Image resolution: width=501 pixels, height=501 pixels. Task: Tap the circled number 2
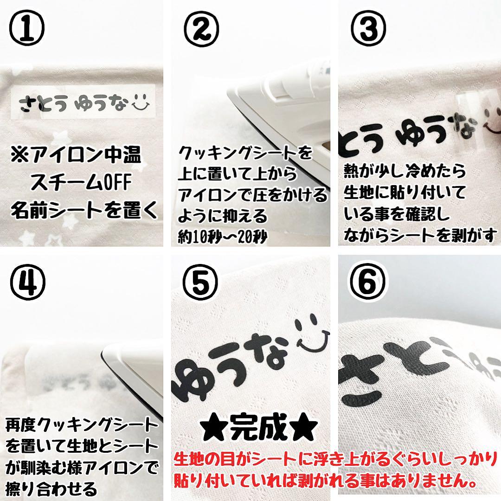[201, 27]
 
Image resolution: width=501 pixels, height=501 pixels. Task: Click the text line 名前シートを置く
[84, 211]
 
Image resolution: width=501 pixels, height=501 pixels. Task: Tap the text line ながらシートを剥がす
[420, 235]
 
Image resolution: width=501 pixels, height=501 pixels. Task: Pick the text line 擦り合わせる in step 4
[51, 488]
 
